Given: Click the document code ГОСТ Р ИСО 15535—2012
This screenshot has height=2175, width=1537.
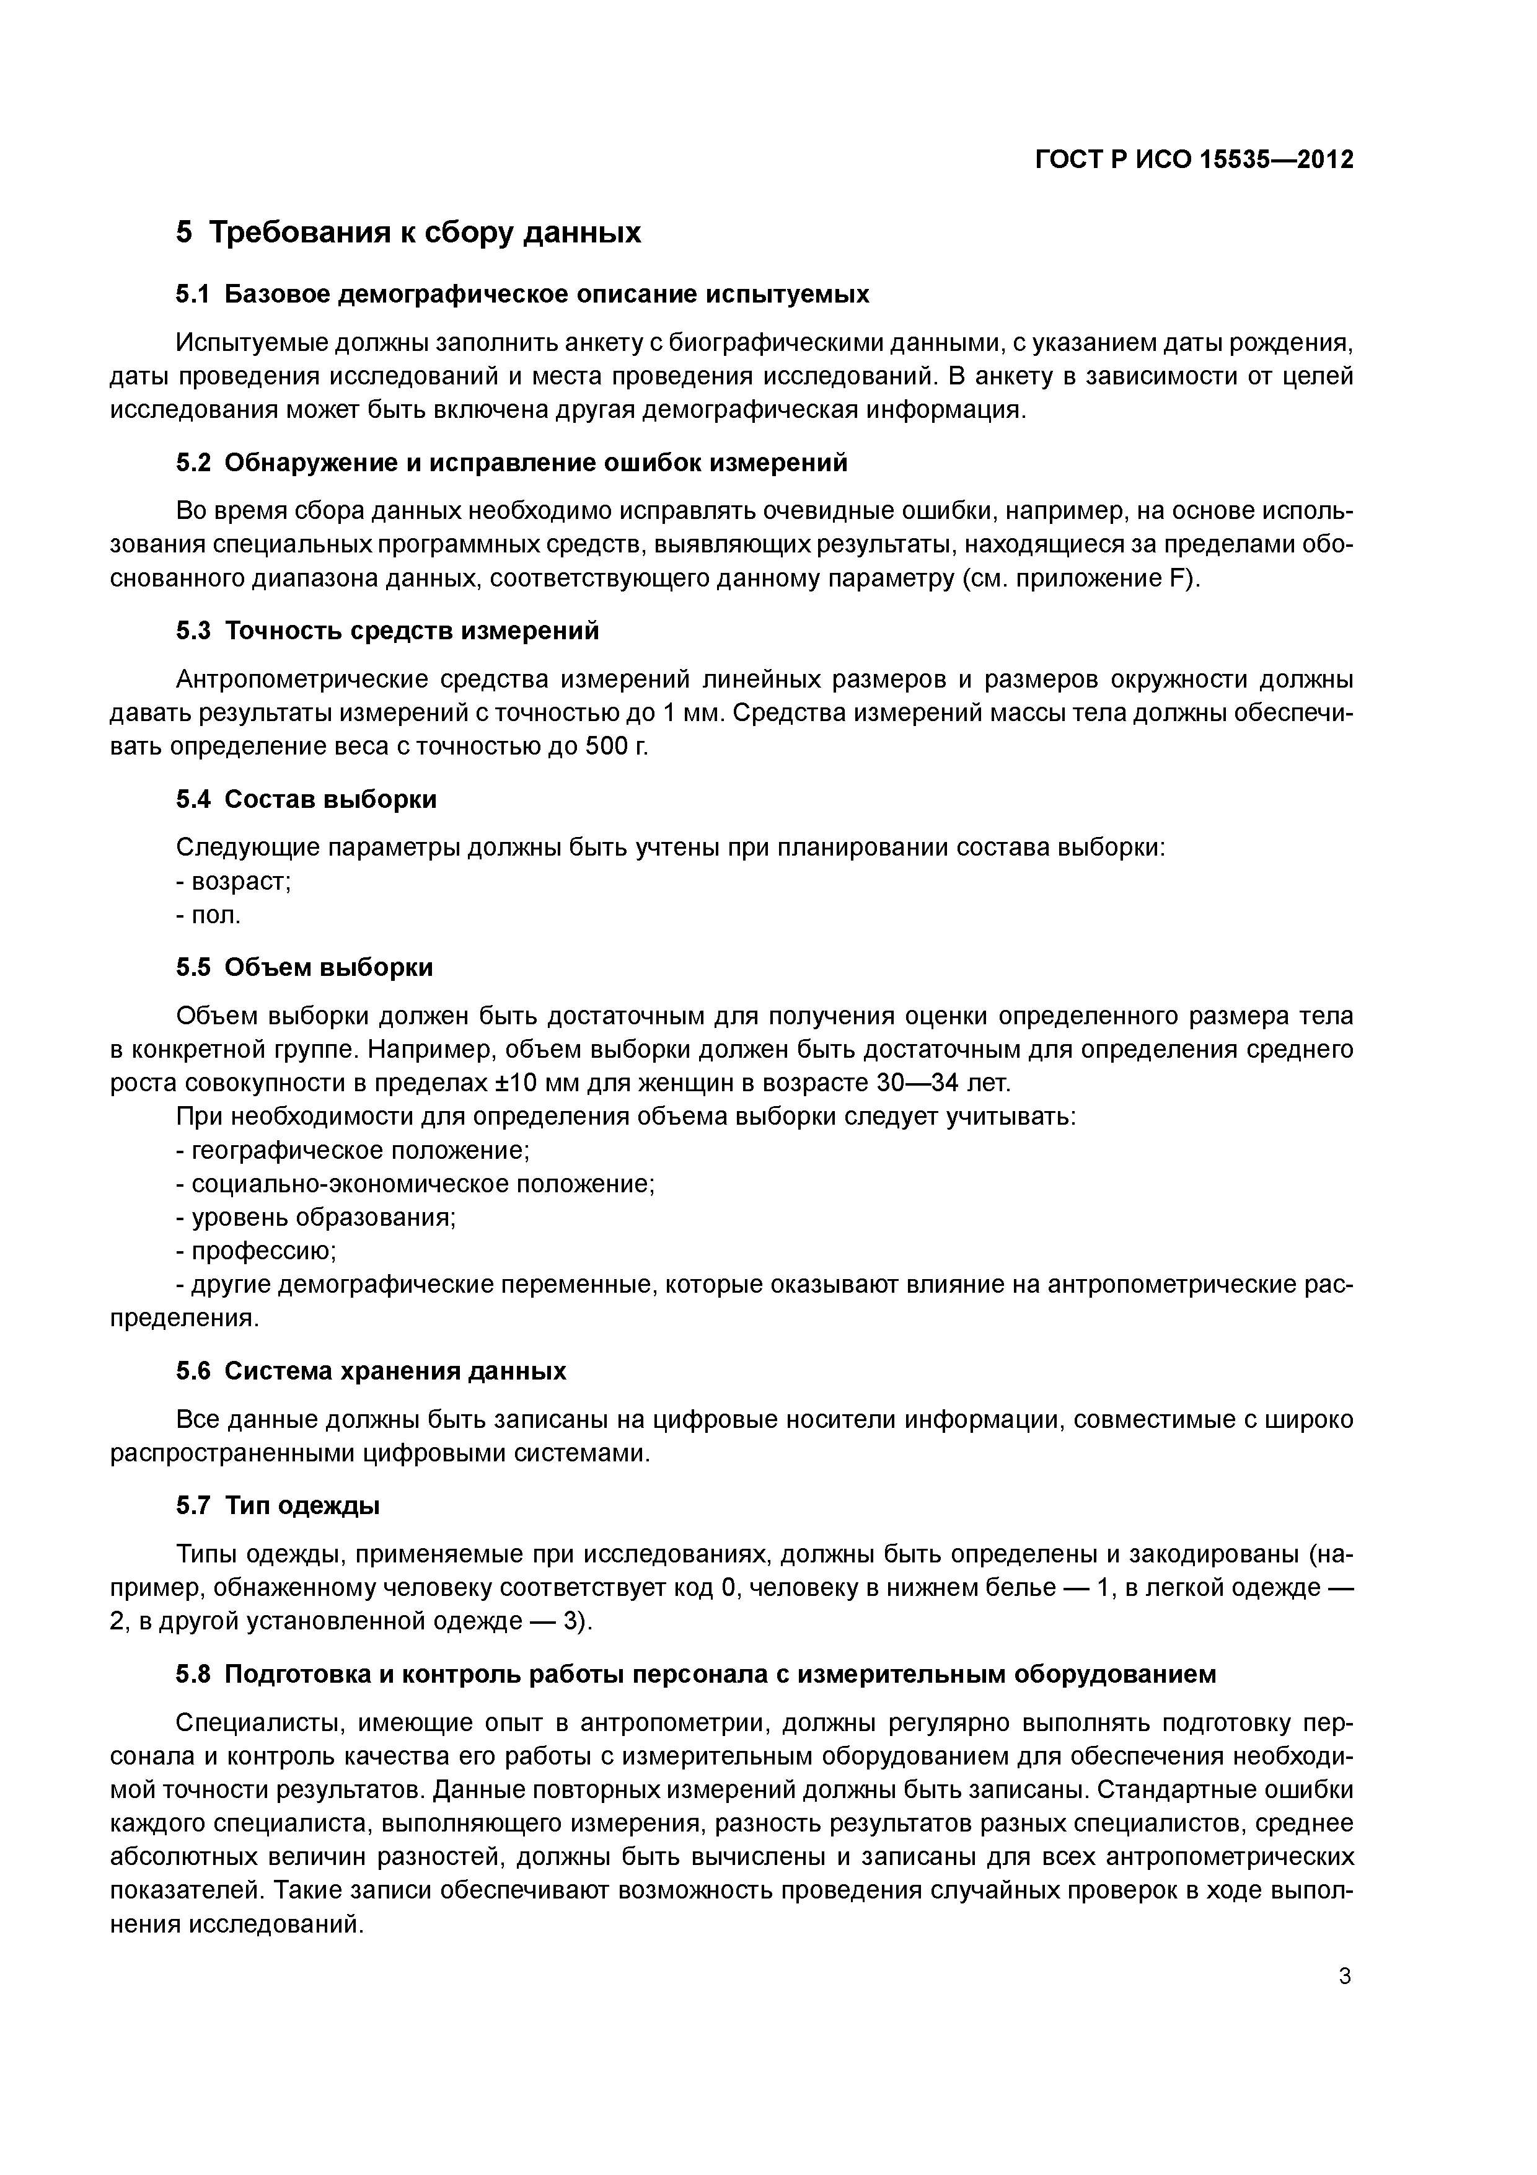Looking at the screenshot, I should click(1194, 159).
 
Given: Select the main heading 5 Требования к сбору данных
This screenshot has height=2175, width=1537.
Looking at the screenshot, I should click(408, 232).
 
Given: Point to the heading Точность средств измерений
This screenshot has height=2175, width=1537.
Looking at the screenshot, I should click(412, 631).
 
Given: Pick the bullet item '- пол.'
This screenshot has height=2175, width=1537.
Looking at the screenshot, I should click(209, 915).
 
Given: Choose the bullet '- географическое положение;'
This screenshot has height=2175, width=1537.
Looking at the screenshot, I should click(352, 1150).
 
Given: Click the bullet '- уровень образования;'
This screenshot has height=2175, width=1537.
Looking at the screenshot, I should click(316, 1217).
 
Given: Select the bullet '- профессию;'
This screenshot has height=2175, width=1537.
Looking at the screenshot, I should click(257, 1251).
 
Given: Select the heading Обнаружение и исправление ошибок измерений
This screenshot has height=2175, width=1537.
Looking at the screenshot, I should click(536, 463).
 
